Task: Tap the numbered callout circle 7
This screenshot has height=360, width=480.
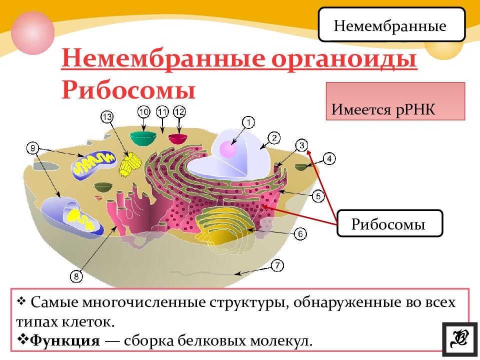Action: pos(276,265)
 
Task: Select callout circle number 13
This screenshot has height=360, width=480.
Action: pos(107,117)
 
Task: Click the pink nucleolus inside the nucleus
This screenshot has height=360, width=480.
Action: pos(227,150)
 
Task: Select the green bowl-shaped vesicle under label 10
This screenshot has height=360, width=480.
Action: pos(143,137)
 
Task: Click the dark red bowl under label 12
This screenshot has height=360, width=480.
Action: pos(177,137)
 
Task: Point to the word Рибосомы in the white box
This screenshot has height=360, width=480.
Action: pos(388,223)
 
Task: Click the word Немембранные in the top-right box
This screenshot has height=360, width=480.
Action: pos(390,26)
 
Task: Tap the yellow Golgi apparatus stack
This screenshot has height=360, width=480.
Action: pos(225,227)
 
